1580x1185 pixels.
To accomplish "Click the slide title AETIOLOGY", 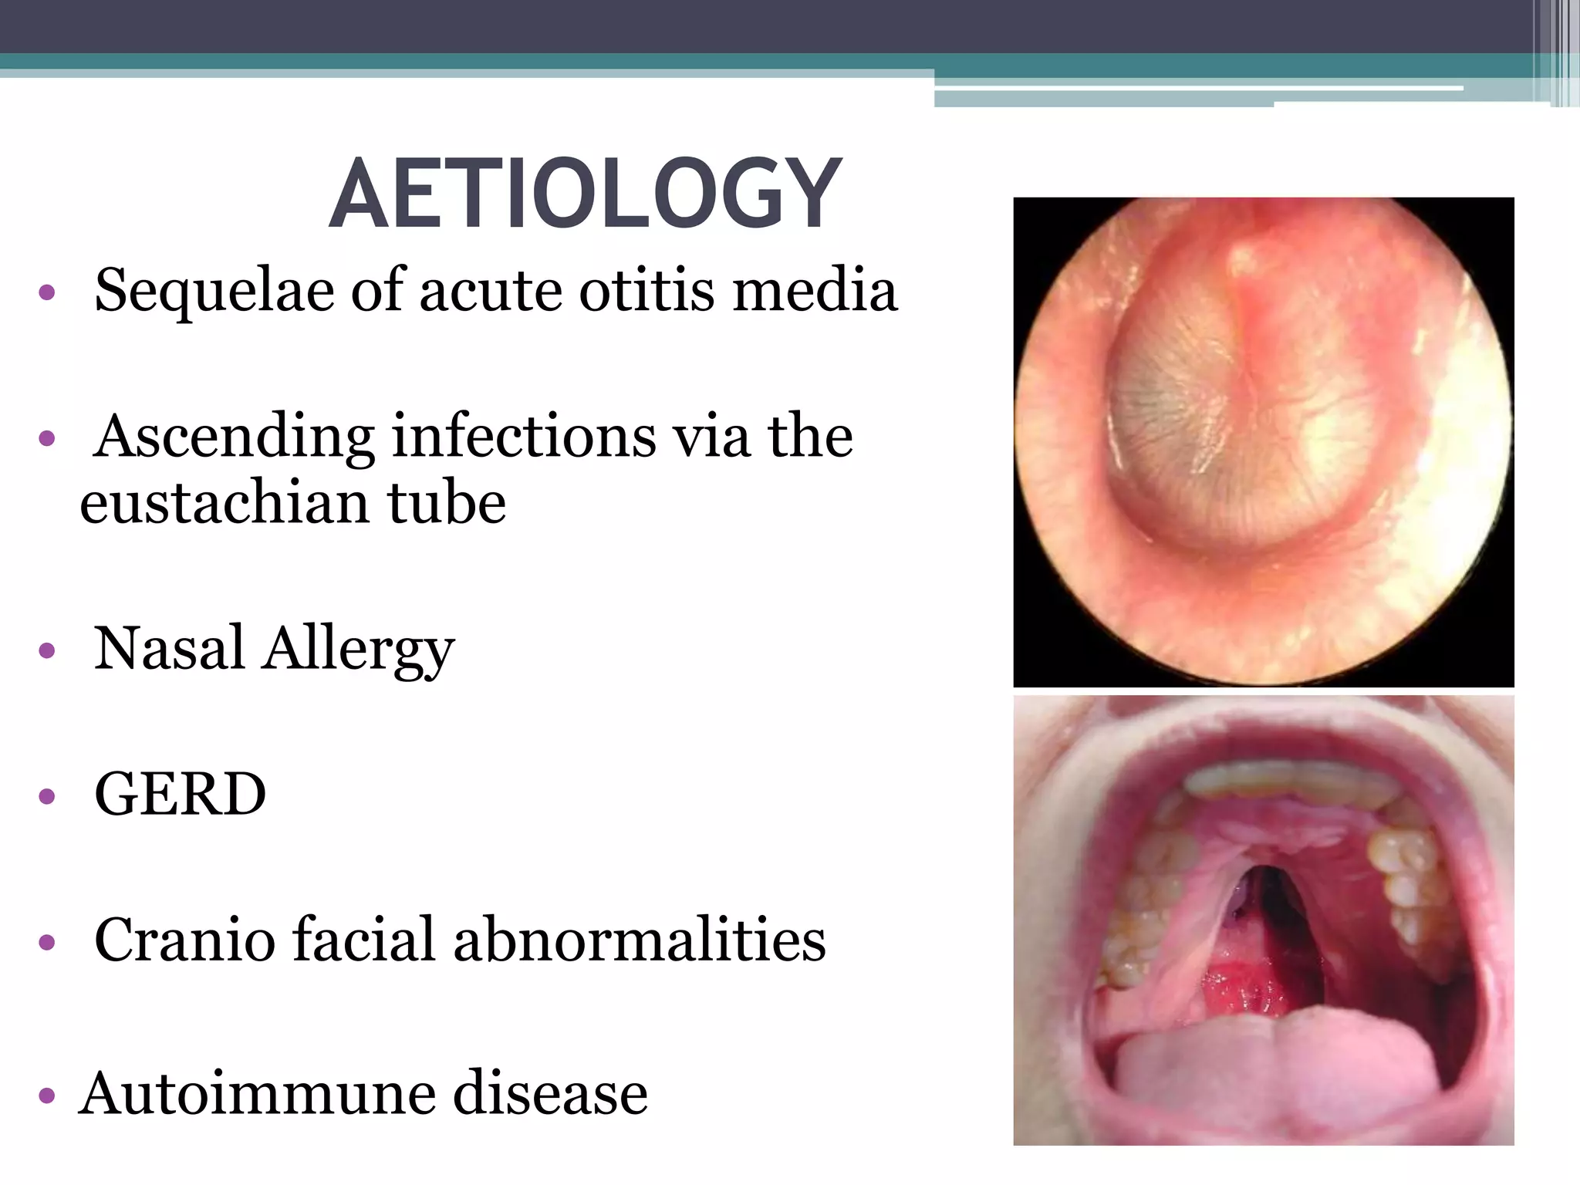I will point(585,194).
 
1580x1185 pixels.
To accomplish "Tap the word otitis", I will point(647,290).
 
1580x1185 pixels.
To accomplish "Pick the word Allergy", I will point(359,650).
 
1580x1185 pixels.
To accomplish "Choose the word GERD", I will point(181,794).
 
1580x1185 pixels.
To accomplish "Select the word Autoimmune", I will point(258,1093).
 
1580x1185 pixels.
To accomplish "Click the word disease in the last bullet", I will point(549,1093).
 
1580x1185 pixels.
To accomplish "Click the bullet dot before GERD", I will point(47,796).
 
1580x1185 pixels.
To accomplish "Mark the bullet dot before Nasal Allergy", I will point(47,650).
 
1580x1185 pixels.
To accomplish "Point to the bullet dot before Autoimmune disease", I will point(47,1096).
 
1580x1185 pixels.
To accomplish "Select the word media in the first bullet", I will point(815,290).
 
